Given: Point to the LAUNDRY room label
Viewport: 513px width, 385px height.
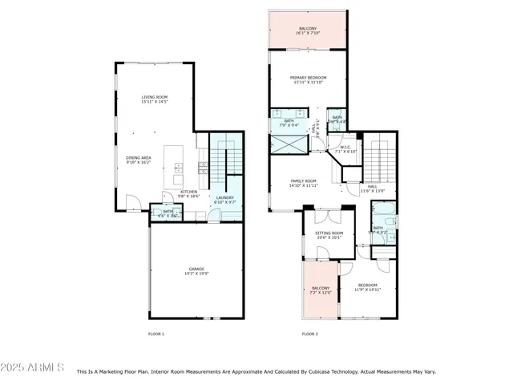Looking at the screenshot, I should click(x=224, y=199).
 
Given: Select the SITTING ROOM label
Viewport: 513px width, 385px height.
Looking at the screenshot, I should click(x=329, y=233).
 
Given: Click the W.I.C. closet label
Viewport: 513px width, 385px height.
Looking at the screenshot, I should click(x=346, y=148).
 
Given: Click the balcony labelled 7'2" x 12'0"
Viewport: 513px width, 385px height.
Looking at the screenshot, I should click(x=321, y=290).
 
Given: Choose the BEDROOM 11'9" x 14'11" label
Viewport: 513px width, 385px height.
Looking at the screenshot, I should click(x=368, y=287).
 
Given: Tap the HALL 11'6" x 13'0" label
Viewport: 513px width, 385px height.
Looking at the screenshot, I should click(x=373, y=188).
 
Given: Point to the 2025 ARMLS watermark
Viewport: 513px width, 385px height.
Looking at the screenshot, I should click(x=33, y=367).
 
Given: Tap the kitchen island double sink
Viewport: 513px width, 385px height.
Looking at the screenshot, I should click(x=178, y=168).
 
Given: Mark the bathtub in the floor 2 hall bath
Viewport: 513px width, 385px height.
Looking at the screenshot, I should click(x=382, y=214).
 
